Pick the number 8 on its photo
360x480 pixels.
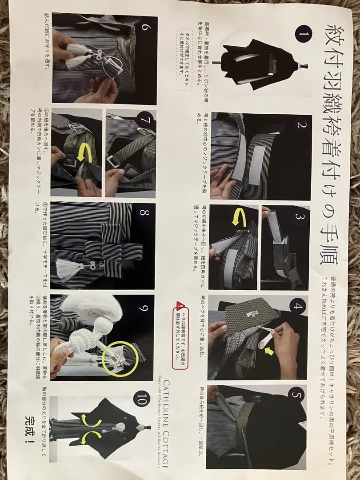tap(144, 212)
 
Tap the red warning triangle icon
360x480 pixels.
tap(180, 305)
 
